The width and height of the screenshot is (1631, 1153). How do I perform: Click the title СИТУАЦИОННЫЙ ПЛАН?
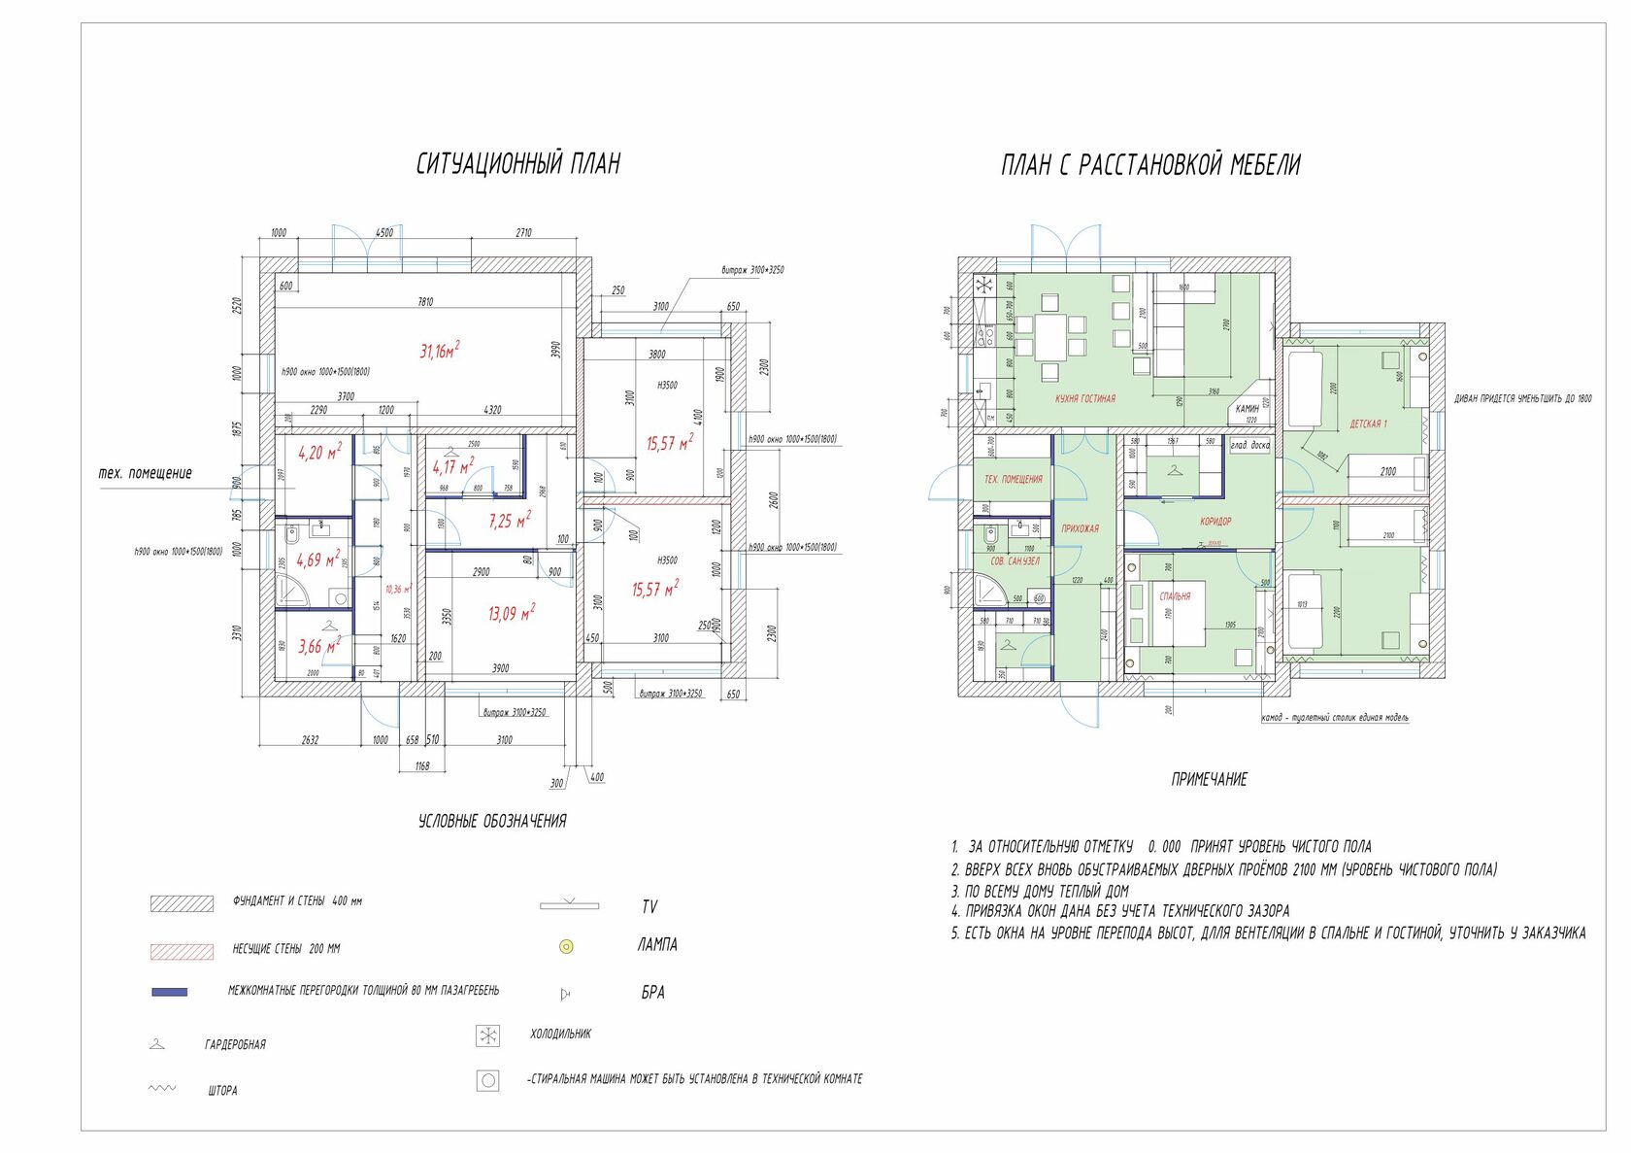coord(517,163)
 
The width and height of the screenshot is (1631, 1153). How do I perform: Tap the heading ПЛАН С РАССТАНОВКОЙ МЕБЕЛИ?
coord(1150,165)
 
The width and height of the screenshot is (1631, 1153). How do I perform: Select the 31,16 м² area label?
coord(439,351)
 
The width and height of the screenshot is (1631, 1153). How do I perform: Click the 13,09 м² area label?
coord(511,614)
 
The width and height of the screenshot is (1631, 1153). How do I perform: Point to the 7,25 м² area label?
coord(510,521)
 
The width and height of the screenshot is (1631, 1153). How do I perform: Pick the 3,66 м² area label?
coord(318,646)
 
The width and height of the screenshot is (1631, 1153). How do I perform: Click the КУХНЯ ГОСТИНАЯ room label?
coord(1085,398)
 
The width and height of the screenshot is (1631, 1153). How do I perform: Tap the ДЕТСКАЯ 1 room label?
coord(1368,424)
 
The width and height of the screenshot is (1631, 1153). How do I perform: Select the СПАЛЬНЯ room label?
coord(1175,596)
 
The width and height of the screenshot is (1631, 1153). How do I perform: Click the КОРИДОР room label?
coord(1215,522)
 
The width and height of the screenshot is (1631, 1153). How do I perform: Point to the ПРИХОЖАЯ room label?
coord(1080,528)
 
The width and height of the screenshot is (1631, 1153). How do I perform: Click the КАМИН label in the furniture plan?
coord(1247,409)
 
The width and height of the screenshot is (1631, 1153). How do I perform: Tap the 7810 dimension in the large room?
coord(425,302)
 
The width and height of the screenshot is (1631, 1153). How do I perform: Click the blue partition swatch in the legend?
coord(169,992)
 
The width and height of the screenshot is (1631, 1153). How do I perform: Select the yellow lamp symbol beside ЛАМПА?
coord(567,945)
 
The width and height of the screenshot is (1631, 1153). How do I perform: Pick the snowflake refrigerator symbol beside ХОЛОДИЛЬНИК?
coord(487,1035)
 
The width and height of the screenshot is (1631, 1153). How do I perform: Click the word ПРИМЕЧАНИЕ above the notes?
coord(1209,779)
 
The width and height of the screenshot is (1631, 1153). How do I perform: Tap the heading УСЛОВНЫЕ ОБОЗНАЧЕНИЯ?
coord(492,821)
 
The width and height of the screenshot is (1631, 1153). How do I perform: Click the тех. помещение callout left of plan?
coord(146,474)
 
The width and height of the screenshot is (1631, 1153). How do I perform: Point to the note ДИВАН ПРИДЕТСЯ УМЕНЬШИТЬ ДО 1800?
coord(1522,398)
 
